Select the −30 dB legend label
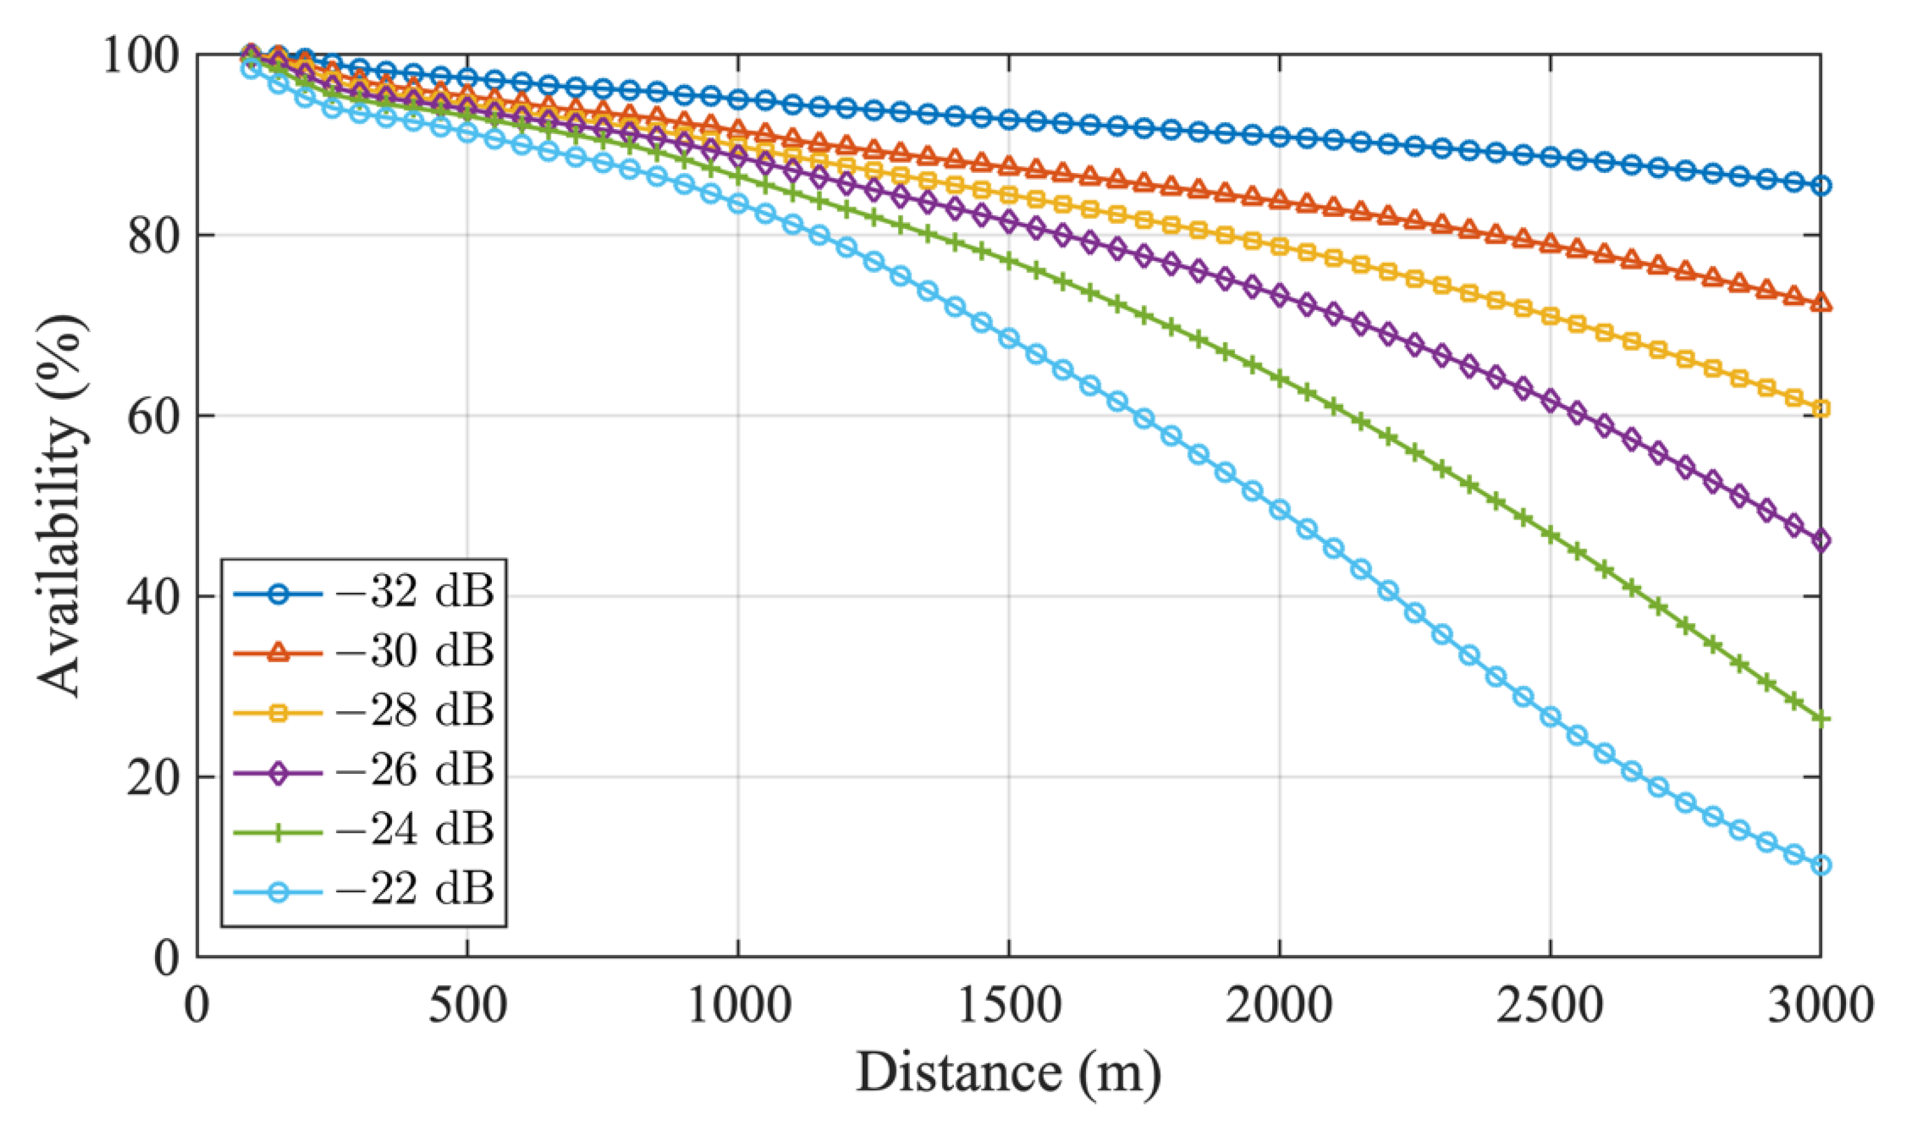click(364, 652)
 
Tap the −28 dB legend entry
click(364, 712)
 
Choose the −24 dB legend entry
click(364, 831)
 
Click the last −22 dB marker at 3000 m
click(1820, 866)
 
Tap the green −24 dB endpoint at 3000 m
click(1820, 719)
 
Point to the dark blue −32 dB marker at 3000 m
click(1820, 186)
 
